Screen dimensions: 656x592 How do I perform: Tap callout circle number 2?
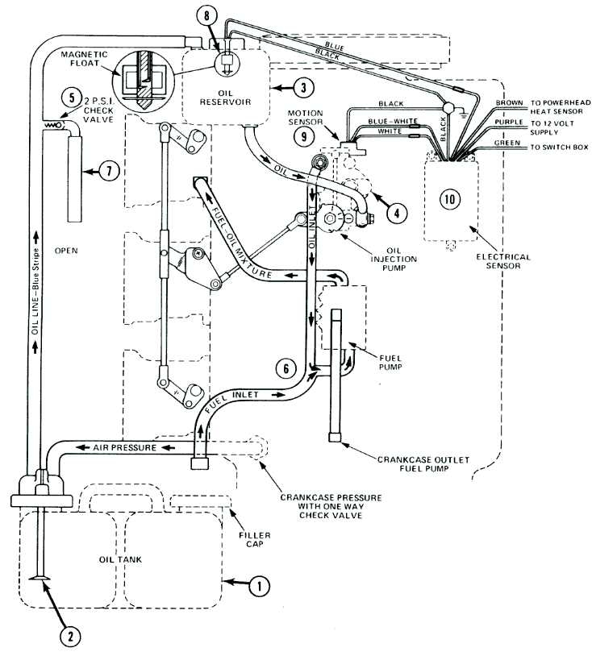pyautogui.click(x=70, y=636)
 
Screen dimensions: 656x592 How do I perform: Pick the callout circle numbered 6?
pyautogui.click(x=284, y=368)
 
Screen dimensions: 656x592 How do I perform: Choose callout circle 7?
pyautogui.click(x=109, y=171)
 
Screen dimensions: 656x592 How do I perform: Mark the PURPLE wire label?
pyautogui.click(x=506, y=123)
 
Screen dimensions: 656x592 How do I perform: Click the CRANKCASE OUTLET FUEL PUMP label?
pyautogui.click(x=415, y=465)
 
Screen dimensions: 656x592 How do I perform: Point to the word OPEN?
pyautogui.click(x=65, y=251)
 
